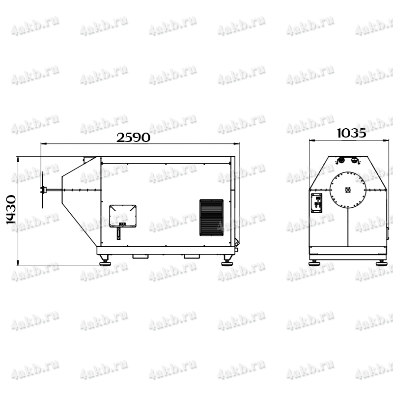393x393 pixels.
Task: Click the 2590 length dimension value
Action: click(133, 138)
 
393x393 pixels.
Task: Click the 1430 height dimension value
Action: click(11, 210)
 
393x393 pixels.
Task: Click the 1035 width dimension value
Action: click(352, 133)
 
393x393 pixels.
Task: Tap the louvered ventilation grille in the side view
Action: click(212, 218)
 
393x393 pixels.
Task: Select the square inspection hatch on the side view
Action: click(123, 216)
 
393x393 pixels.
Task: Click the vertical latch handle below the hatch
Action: click(118, 233)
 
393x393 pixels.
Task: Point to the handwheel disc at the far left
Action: click(42, 190)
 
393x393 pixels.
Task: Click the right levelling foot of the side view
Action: click(227, 261)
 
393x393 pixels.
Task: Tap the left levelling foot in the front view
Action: click(314, 263)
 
